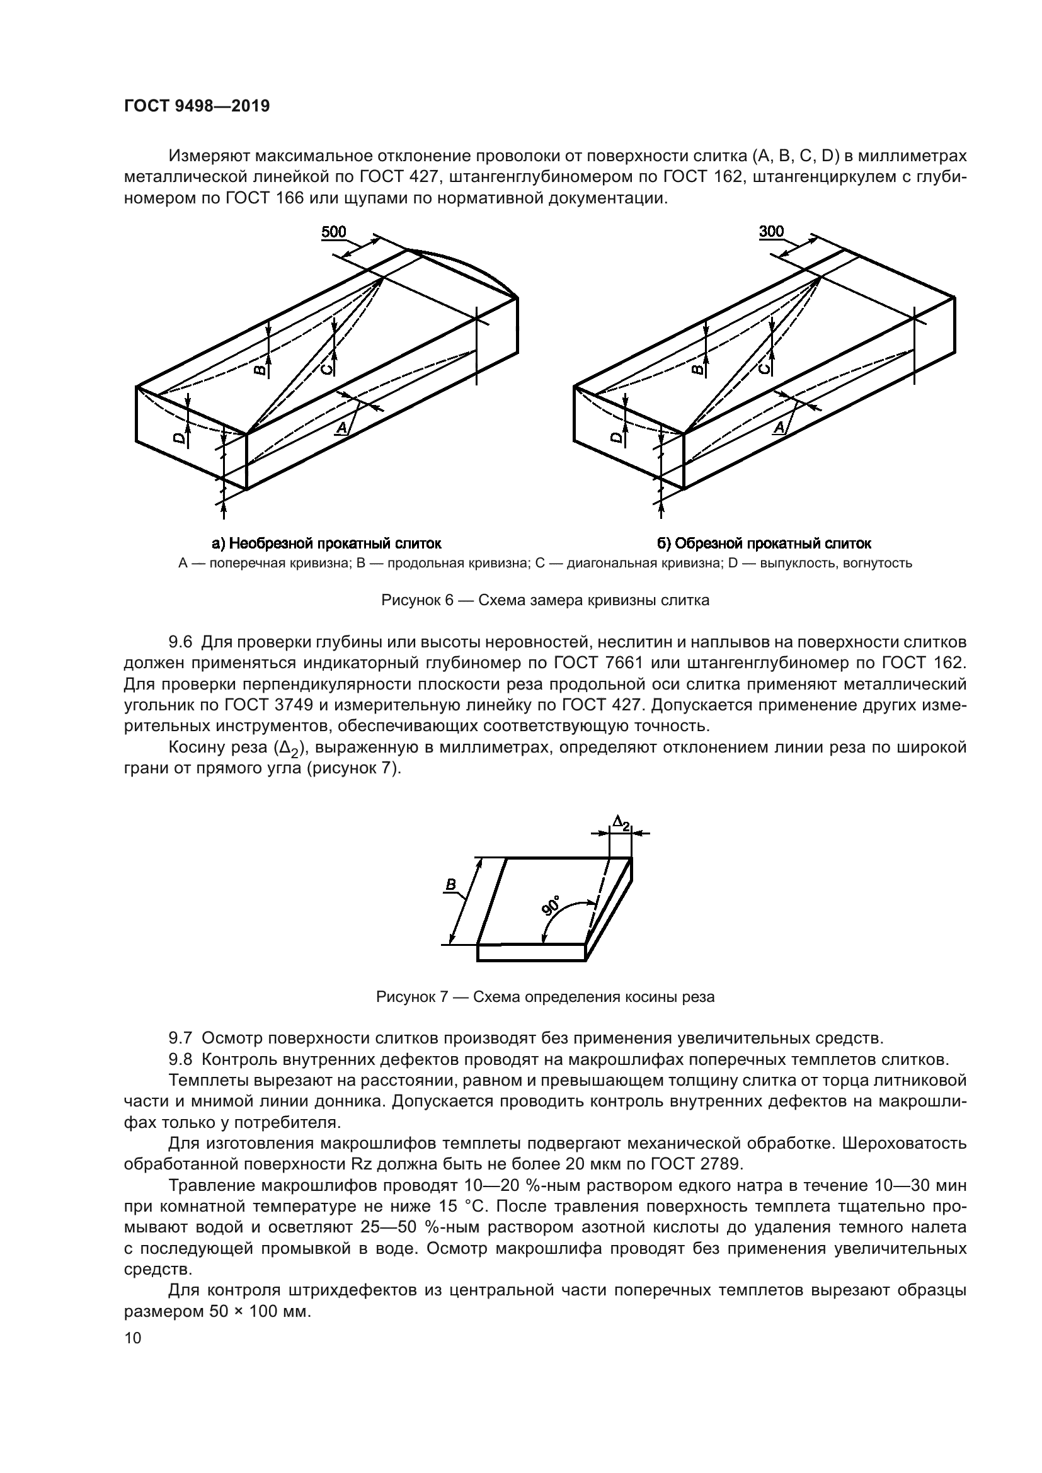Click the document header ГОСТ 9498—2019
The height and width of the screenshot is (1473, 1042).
point(197,106)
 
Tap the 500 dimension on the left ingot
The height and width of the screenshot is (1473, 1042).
point(334,232)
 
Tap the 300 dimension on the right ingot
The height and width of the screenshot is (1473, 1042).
point(771,232)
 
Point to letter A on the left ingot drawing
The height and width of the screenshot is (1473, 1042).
point(343,428)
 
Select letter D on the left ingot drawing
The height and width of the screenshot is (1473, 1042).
point(180,439)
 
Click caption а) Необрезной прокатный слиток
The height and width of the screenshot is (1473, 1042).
point(326,544)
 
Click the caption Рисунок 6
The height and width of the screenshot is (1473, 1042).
point(545,601)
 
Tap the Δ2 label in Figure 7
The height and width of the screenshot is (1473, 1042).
point(621,822)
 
